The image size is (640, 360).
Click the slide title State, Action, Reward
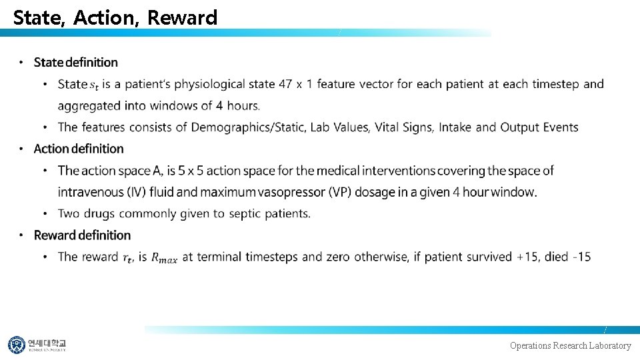[115, 18]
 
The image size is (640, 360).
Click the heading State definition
[75, 63]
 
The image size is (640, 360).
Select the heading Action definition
[79, 149]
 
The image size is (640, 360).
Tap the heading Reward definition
[82, 235]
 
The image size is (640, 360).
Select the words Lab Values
[339, 127]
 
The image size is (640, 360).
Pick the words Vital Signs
[403, 127]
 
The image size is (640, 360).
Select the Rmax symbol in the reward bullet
[164, 257]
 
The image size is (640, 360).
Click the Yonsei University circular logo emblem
[17, 345]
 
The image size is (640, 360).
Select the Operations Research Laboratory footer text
[570, 345]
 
